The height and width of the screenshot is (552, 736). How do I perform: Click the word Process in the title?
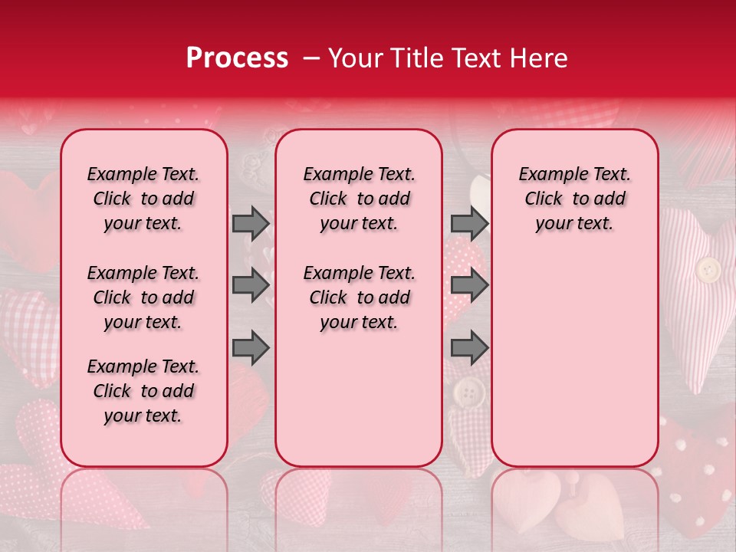point(237,58)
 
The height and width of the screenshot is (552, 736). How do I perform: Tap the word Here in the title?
point(537,58)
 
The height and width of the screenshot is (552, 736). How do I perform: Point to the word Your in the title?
point(354,58)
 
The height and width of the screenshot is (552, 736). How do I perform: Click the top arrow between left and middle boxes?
point(251,223)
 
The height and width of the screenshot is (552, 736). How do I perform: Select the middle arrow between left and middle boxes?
point(251,286)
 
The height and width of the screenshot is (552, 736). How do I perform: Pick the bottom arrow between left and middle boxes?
point(251,349)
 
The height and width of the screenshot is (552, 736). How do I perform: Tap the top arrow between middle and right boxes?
point(469,223)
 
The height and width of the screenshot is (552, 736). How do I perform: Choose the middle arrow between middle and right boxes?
point(469,286)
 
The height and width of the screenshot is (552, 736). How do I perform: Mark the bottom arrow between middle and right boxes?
point(469,349)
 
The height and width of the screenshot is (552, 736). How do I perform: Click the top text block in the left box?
point(143,199)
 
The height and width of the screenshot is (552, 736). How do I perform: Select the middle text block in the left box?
point(143,297)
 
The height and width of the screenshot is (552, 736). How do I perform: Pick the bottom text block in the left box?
point(143,391)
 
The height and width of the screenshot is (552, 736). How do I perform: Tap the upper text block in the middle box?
point(359,199)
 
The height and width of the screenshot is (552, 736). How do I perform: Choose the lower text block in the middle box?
point(359,297)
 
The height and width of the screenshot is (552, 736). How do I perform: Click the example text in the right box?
point(574,199)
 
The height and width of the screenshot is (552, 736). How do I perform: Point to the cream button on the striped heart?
point(708,270)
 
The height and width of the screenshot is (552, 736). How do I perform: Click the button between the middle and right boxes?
point(468,394)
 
